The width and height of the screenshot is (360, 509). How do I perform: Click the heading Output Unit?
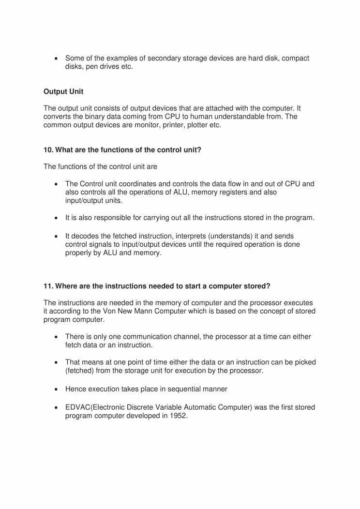point(63,91)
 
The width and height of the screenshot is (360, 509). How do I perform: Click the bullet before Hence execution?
point(58,389)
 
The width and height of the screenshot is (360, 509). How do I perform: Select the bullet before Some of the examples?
point(58,59)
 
